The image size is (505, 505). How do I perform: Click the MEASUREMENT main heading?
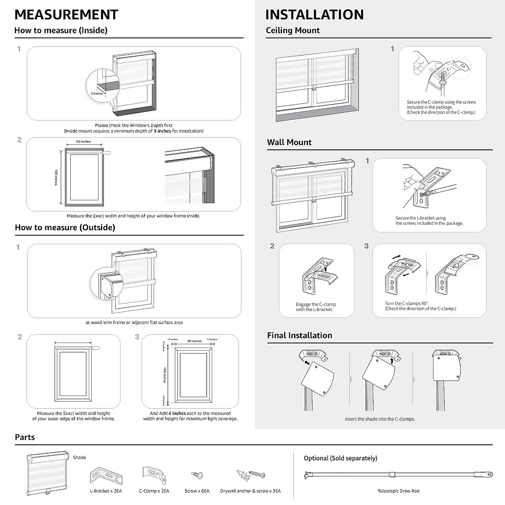coord(66,14)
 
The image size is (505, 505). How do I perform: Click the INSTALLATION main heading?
coord(314,14)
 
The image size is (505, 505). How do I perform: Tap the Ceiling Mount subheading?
coord(292,30)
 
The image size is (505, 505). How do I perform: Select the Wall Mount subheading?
coord(289,142)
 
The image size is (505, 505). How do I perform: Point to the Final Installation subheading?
coord(300,335)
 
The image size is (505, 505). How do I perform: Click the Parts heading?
coord(25,437)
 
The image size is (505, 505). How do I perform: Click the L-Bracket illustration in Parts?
coord(106,476)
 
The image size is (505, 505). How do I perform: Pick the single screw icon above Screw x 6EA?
coord(197,475)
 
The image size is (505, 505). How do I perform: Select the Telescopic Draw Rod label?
coord(398,491)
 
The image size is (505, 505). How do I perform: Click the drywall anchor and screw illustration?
coord(251,475)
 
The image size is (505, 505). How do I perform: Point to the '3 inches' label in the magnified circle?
coord(97,93)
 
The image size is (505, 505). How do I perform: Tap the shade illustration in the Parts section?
coord(47,473)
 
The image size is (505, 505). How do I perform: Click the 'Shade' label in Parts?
coord(80,457)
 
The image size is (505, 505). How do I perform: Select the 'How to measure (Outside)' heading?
coord(65,228)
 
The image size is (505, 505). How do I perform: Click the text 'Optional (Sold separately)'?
coord(340,458)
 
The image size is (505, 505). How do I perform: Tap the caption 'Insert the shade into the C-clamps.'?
coord(380,419)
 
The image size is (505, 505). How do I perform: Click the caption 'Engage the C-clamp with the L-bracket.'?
coord(316,307)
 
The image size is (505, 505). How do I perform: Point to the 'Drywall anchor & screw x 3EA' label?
coord(250,491)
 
